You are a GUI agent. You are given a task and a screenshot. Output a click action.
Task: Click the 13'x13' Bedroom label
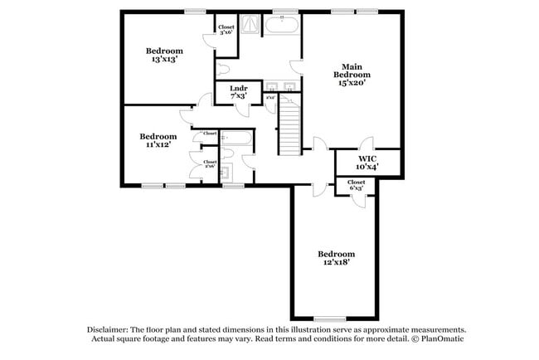(165, 54)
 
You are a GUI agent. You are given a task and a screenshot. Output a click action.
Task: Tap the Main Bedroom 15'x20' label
(352, 74)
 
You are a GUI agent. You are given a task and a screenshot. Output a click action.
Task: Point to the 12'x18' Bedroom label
(337, 257)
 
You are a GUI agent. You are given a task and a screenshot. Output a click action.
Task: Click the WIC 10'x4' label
(368, 162)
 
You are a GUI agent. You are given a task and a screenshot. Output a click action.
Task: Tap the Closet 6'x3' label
(356, 185)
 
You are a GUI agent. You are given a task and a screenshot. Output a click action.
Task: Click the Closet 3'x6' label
(226, 30)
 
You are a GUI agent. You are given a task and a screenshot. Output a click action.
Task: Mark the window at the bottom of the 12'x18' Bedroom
(329, 319)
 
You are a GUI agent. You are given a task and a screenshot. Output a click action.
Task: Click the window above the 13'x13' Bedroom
(196, 11)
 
